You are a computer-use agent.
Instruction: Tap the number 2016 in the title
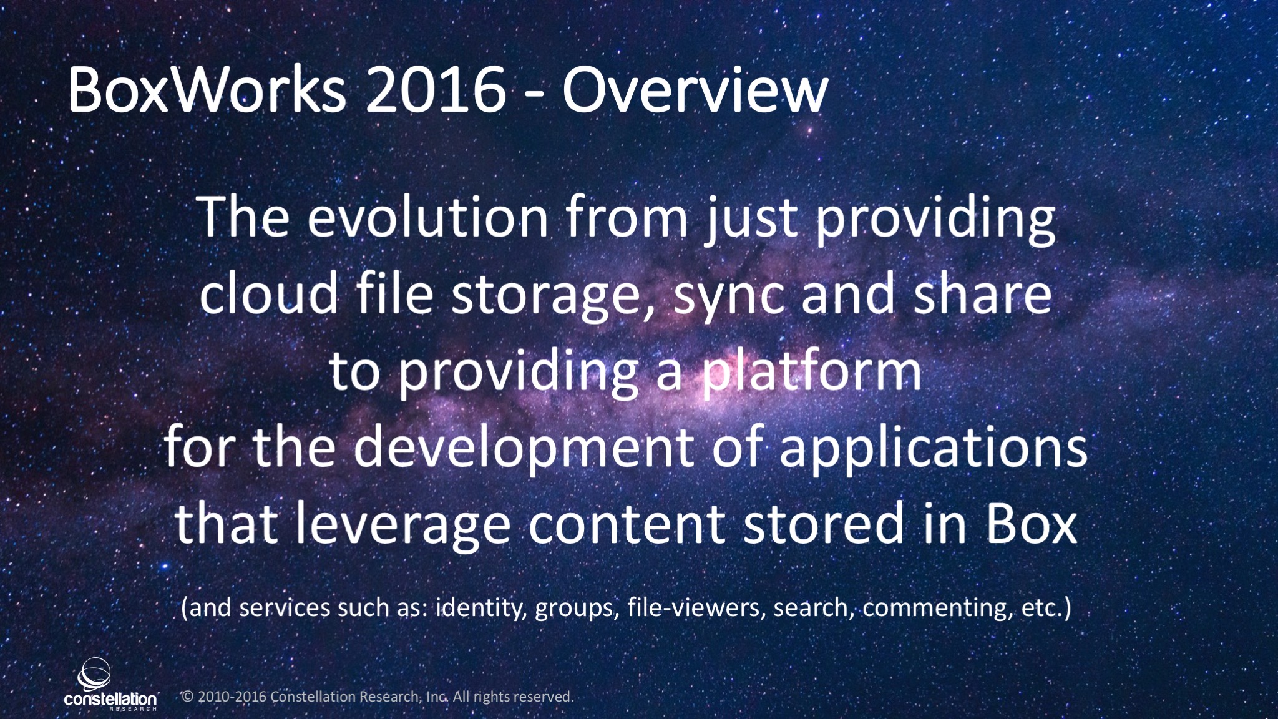point(436,90)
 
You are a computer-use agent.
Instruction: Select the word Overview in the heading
point(695,90)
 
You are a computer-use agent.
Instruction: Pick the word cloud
point(270,293)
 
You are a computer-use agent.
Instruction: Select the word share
point(983,293)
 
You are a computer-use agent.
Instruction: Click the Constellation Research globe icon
point(94,675)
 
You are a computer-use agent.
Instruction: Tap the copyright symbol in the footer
point(187,697)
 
